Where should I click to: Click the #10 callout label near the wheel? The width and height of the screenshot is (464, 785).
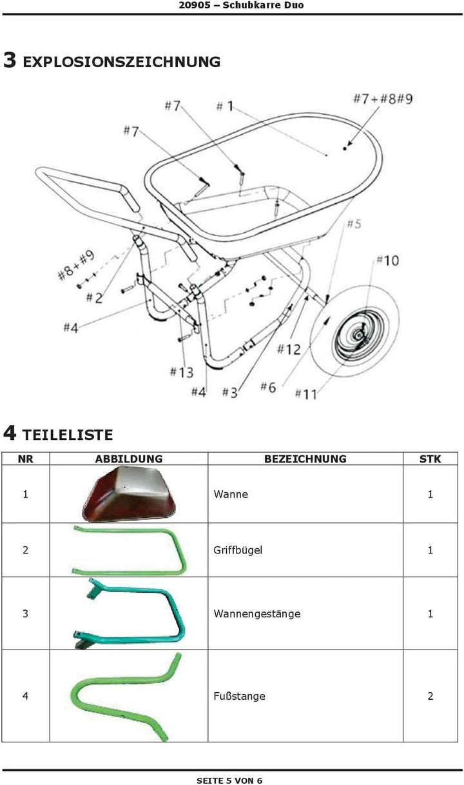388,261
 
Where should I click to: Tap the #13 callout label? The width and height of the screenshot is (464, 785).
181,372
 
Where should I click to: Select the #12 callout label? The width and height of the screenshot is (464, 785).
289,350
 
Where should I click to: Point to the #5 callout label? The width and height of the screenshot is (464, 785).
354,224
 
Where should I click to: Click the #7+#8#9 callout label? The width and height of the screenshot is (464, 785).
383,99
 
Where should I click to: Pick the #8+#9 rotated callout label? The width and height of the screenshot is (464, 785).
76,265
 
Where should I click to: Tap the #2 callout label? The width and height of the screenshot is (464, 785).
95,298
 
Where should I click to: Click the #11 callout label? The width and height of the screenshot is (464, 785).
306,394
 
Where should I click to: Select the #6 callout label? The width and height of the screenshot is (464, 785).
268,387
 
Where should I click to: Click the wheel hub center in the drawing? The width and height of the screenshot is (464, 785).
359,336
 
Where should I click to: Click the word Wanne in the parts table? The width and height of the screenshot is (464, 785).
231,494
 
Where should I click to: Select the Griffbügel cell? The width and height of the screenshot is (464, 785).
305,550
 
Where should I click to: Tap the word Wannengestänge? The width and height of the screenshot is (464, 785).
257,613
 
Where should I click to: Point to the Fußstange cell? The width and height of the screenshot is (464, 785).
305,695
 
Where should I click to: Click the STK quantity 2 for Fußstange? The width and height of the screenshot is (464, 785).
430,695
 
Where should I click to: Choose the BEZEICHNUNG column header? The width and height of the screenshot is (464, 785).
305,459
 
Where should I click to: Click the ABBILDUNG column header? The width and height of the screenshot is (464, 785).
129,459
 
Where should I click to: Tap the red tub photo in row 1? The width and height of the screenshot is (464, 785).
128,494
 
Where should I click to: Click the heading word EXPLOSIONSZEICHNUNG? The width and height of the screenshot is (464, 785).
122,62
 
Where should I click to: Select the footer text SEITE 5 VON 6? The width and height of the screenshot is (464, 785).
229,780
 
